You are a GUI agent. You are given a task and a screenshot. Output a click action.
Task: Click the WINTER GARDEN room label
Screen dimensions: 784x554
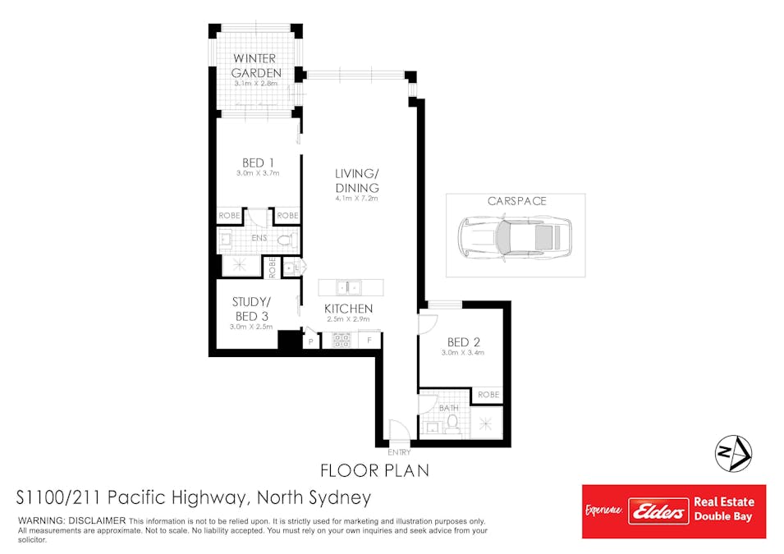[x=256, y=66]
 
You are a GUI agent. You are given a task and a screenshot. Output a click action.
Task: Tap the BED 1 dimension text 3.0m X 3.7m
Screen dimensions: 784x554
[x=258, y=173]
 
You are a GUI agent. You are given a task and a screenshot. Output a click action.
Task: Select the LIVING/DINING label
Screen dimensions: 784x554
[x=357, y=181]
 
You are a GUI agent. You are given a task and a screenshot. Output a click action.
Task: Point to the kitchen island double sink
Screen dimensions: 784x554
[x=349, y=288]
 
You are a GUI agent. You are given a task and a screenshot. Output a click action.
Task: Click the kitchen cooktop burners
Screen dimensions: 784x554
[x=342, y=341]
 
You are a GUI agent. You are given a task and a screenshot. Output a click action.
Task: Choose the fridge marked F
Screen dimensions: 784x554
[x=369, y=341]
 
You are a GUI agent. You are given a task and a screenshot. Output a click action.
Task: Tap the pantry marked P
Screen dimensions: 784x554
[x=310, y=341]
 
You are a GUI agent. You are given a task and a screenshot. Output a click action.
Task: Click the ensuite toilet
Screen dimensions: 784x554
[x=286, y=240]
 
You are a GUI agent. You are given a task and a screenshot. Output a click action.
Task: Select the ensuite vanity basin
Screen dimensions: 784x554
[x=226, y=240]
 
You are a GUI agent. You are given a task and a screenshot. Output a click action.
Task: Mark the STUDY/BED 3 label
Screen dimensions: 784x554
[x=251, y=309]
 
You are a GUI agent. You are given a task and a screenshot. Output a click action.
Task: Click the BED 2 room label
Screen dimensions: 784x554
[x=464, y=342]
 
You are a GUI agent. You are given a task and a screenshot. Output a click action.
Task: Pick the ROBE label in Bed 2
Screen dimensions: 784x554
[x=488, y=395]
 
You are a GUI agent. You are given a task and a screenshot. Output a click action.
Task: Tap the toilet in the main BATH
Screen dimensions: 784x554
[x=452, y=423]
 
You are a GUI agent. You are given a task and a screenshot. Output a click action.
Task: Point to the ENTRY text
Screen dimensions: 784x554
[x=399, y=452]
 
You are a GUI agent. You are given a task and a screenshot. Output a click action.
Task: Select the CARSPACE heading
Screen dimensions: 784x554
[x=517, y=201]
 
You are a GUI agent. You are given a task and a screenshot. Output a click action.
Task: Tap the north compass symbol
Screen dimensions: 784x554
[x=733, y=454]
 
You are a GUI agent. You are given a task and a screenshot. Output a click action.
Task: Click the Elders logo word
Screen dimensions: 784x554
[x=658, y=511]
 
